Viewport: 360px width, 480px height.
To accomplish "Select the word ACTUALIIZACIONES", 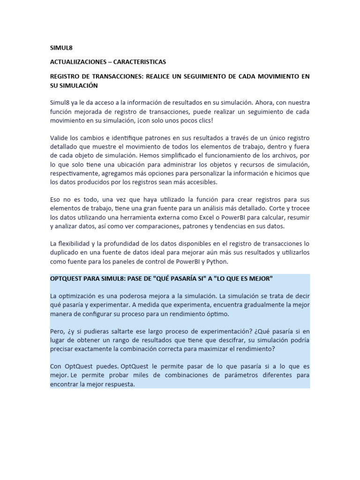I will pos(78,62).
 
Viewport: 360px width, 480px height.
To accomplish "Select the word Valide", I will pos(60,138).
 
